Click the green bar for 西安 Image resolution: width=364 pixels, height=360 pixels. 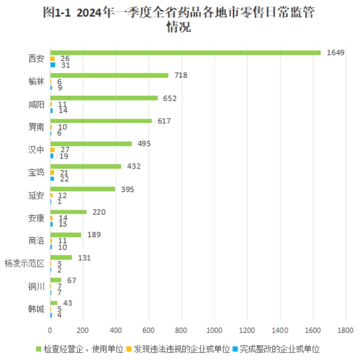[x=185, y=53]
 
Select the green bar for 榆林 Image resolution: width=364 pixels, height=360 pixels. [x=109, y=76]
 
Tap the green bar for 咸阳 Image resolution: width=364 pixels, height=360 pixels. [x=104, y=98]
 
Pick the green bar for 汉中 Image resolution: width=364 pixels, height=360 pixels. [x=91, y=144]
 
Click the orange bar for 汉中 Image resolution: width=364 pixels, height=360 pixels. [x=52, y=150]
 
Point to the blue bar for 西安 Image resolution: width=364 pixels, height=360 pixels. [x=53, y=65]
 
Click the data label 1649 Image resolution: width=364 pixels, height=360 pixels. [x=336, y=53]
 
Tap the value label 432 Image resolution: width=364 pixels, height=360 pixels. [x=134, y=166]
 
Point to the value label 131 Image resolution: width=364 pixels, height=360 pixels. [x=84, y=258]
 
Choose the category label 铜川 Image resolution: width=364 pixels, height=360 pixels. [x=36, y=287]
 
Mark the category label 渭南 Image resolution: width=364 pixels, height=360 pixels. [x=36, y=127]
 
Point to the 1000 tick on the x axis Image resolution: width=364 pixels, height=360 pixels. [x=214, y=330]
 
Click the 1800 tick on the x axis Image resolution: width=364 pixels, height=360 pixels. [x=345, y=330]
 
